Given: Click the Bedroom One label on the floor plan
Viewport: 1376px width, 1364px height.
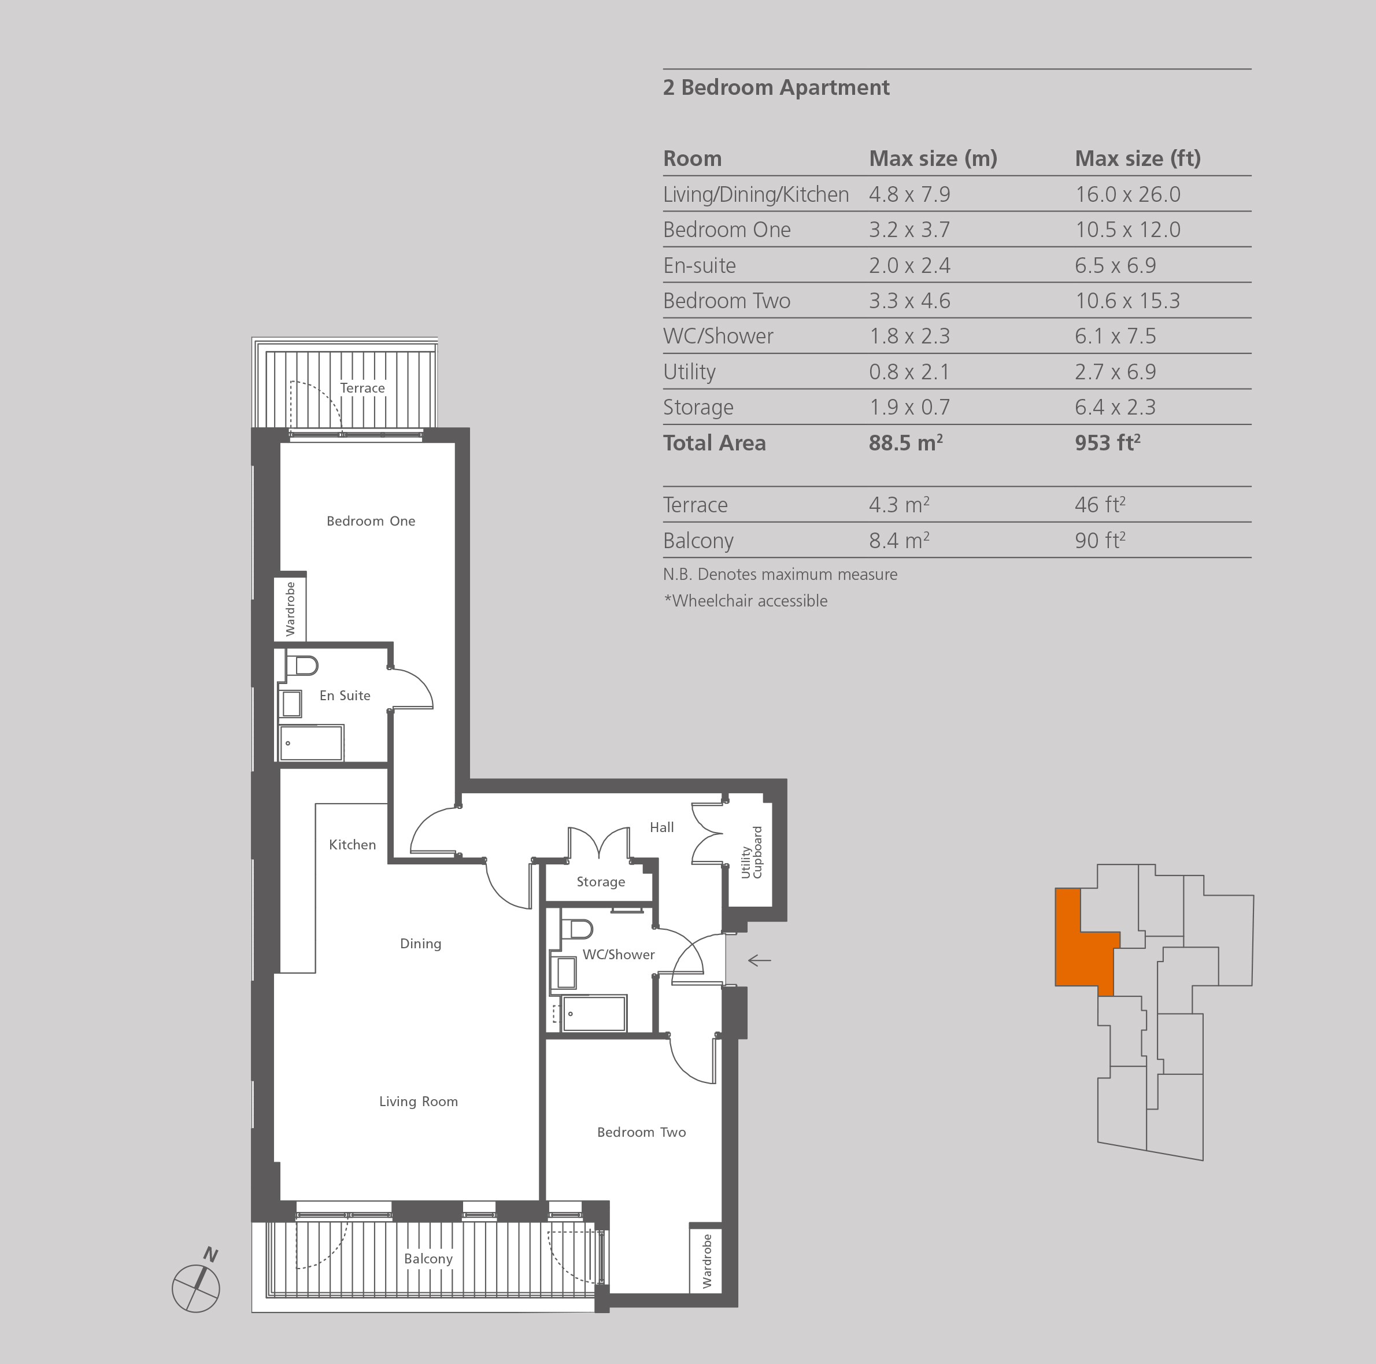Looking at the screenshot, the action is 371,520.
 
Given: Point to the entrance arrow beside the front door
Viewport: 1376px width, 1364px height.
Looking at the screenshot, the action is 759,960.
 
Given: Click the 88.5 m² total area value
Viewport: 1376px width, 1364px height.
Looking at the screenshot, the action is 906,443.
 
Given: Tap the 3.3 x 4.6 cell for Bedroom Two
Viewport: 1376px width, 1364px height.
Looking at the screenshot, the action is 909,301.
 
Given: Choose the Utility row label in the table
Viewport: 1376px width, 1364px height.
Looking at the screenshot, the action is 689,372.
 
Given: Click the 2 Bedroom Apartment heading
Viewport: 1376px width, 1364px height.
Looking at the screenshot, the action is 776,88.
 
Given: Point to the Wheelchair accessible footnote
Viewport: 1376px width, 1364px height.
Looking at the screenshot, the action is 746,600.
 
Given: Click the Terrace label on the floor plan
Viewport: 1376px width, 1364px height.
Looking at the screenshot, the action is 363,388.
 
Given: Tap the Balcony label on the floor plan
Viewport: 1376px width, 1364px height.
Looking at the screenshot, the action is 428,1259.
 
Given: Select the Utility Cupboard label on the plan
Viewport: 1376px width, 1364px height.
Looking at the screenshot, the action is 752,852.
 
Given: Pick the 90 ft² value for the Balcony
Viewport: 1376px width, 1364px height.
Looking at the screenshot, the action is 1100,541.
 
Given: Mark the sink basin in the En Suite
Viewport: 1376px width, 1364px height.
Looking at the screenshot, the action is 291,704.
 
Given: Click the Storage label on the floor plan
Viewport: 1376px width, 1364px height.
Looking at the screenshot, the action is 600,882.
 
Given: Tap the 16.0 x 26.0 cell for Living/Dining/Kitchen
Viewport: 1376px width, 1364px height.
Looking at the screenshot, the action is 1127,194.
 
